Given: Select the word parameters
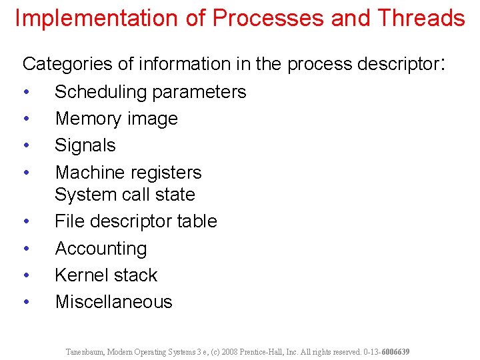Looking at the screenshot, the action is (202, 92).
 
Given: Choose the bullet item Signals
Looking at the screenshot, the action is (85, 145).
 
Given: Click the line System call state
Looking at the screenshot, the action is (125, 195).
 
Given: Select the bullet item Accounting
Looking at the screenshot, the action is (101, 249).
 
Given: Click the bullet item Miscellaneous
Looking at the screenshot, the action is (113, 302).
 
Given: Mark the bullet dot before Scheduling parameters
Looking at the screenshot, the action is (25, 92).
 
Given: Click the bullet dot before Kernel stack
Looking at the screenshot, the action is (25, 275).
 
